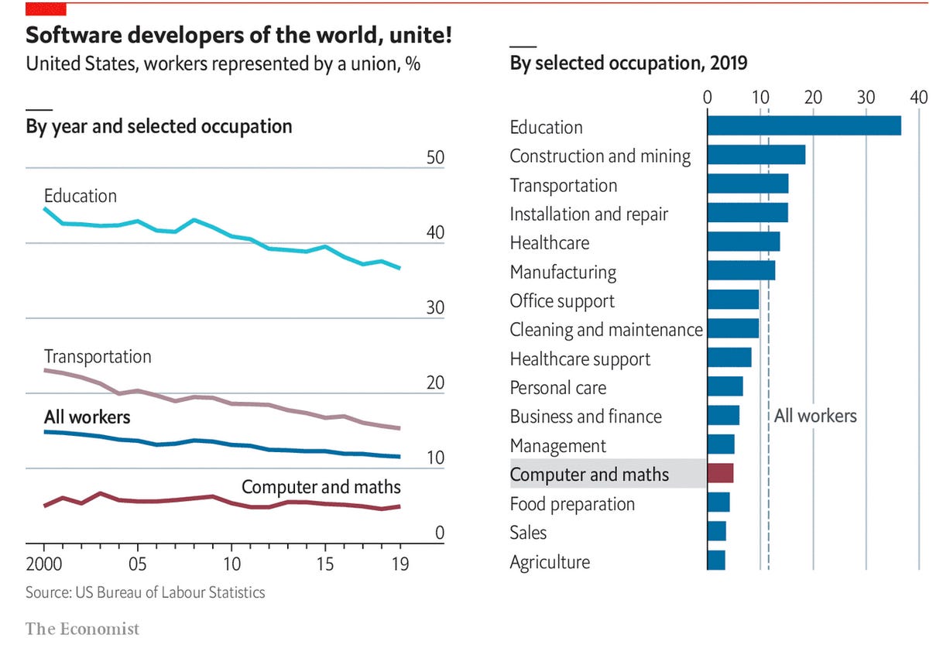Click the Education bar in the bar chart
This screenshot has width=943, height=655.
[x=804, y=125]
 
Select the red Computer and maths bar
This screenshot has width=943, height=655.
[x=720, y=473]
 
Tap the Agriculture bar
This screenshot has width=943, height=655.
[x=716, y=561]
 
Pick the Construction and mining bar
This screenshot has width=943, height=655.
[x=756, y=155]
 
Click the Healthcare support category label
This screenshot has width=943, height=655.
[x=580, y=359]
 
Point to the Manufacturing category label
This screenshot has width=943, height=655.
[x=563, y=272]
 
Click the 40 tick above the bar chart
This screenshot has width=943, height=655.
[x=918, y=98]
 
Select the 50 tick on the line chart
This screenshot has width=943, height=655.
[x=435, y=157]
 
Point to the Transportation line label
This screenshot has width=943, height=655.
[x=98, y=357]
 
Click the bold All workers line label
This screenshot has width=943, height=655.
[x=87, y=417]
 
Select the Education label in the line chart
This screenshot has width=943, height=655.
[x=81, y=196]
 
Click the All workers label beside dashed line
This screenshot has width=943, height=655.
[x=815, y=416]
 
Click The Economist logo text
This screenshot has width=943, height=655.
[x=83, y=629]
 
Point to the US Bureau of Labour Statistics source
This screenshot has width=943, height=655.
[x=146, y=593]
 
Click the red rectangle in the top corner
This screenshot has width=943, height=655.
[x=46, y=9]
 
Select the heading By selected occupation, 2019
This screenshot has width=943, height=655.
[x=629, y=63]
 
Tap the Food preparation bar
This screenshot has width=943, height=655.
[x=718, y=502]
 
